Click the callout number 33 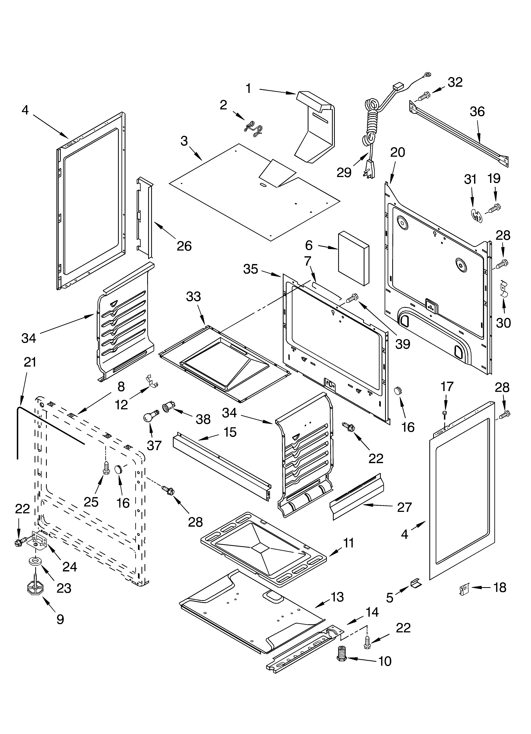pyautogui.click(x=193, y=296)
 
